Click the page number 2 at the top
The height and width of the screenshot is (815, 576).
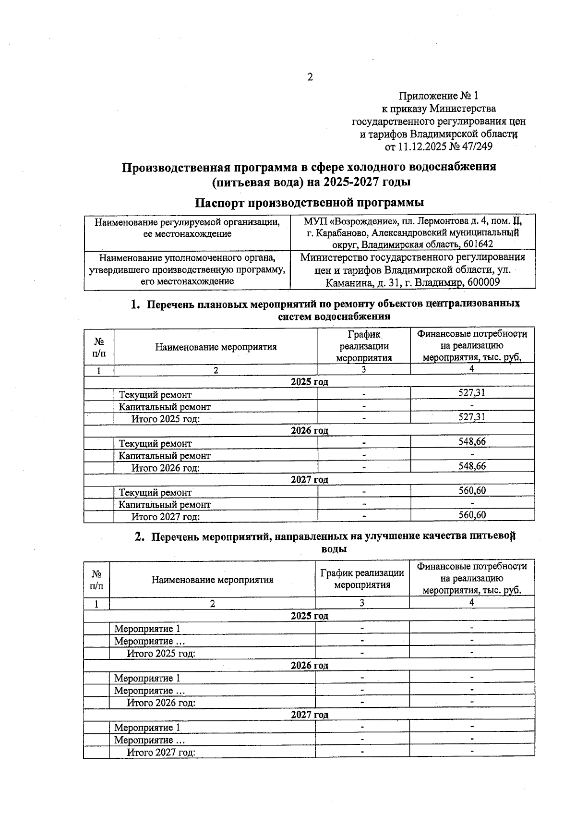pyautogui.click(x=310, y=77)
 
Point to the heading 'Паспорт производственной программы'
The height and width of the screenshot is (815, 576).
pyautogui.click(x=310, y=202)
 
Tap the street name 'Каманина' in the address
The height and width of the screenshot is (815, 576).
pyautogui.click(x=346, y=282)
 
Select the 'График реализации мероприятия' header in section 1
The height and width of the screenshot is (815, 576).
pyautogui.click(x=364, y=346)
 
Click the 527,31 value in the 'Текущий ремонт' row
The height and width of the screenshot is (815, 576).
pyautogui.click(x=472, y=393)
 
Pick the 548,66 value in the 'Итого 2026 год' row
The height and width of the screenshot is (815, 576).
pyautogui.click(x=472, y=466)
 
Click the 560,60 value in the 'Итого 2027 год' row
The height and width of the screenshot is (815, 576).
pyautogui.click(x=472, y=515)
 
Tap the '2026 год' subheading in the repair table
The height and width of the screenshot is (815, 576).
pyautogui.click(x=310, y=431)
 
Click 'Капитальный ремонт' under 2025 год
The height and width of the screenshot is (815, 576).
pyautogui.click(x=165, y=407)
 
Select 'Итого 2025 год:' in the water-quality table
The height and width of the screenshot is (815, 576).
pyautogui.click(x=161, y=654)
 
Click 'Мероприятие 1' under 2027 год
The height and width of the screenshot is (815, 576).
pyautogui.click(x=147, y=728)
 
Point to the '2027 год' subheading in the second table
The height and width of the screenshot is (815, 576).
pyautogui.click(x=310, y=715)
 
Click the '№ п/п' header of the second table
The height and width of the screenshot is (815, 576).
pyautogui.click(x=96, y=580)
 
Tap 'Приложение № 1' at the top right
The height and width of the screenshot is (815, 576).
pyautogui.click(x=439, y=96)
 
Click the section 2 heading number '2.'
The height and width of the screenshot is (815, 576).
pyautogui.click(x=140, y=537)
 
